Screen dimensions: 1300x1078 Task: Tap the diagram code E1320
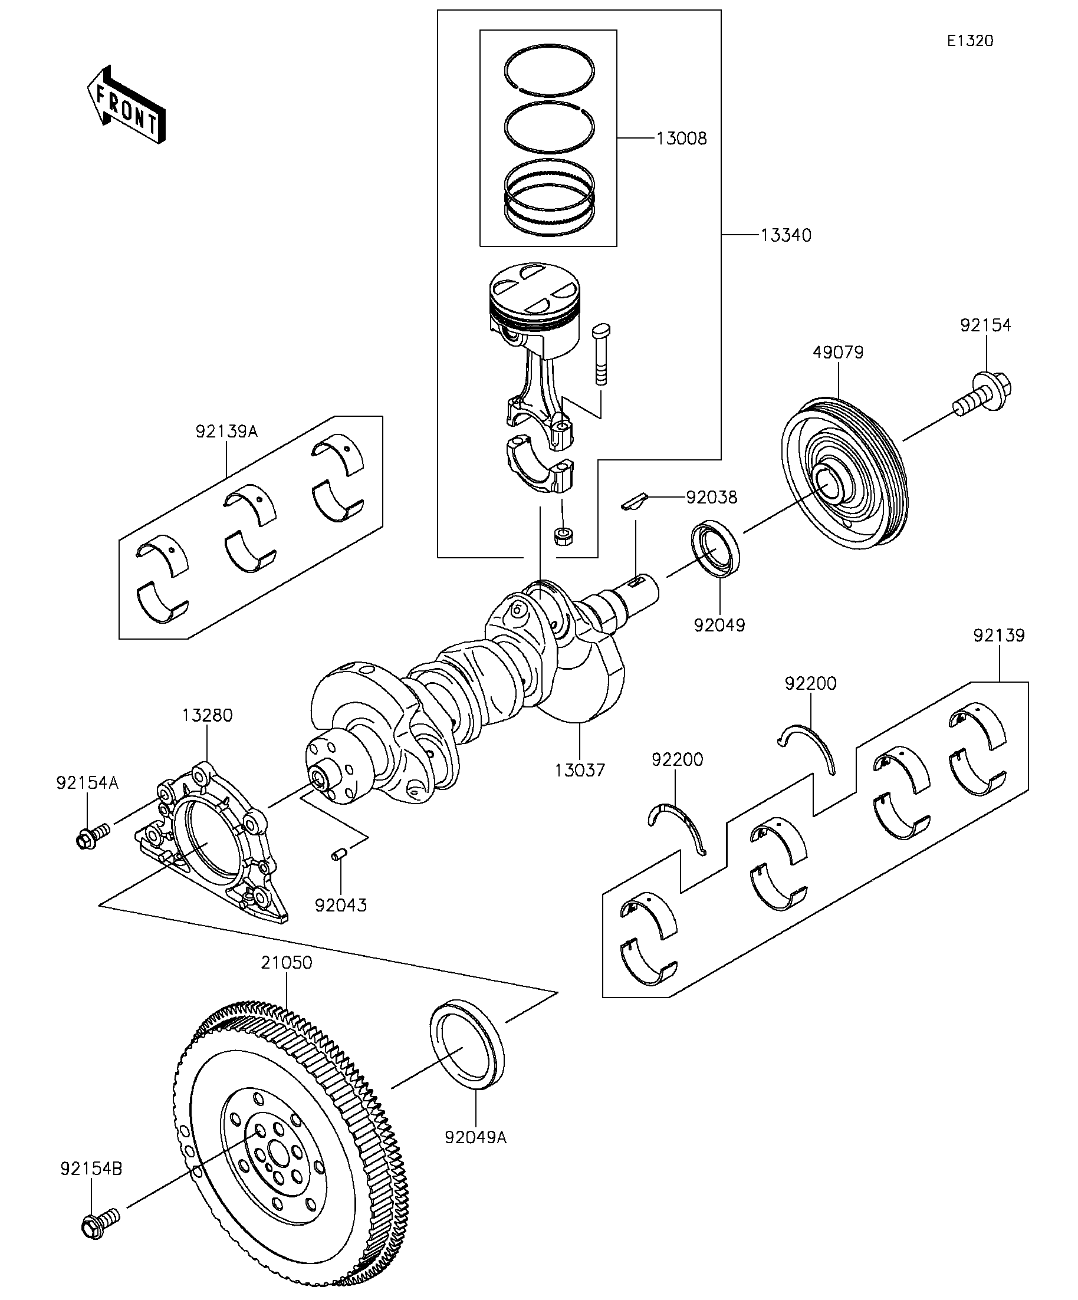969,41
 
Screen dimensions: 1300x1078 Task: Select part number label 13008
681,138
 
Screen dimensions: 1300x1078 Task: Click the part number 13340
785,235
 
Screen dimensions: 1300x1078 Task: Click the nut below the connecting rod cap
562,535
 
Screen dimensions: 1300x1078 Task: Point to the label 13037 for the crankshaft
580,770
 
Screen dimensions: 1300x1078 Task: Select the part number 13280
207,715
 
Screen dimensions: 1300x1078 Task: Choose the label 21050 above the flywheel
286,963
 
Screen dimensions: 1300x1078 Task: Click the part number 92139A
226,432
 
